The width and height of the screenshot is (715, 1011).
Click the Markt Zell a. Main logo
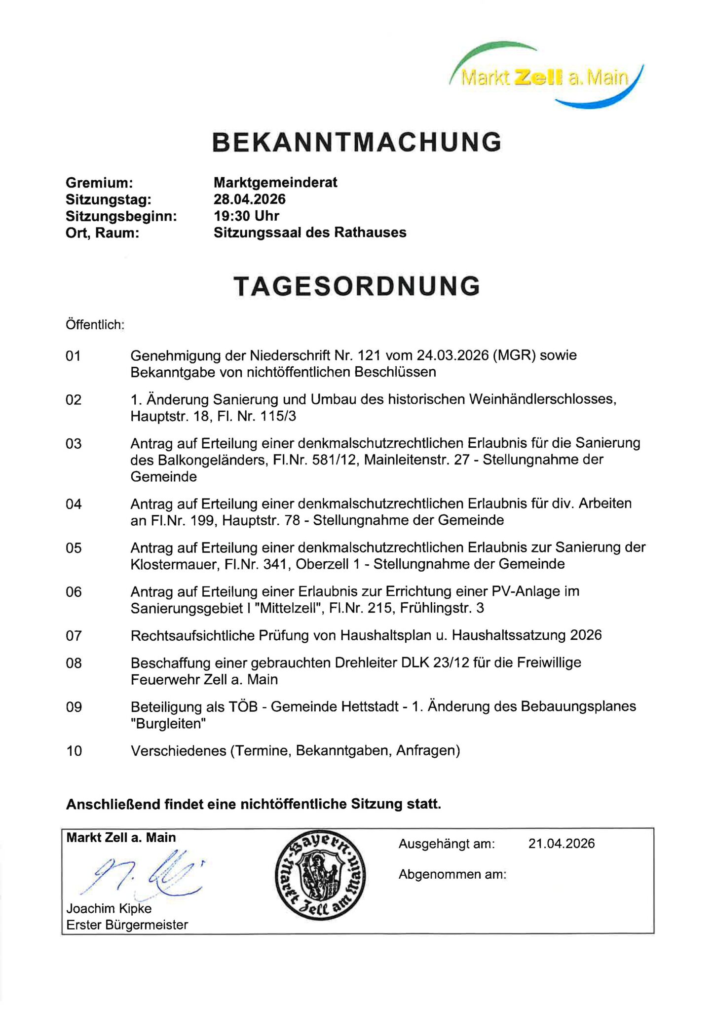[x=546, y=77]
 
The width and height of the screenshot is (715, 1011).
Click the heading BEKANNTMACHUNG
[x=357, y=142]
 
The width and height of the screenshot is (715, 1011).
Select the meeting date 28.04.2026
[x=249, y=199]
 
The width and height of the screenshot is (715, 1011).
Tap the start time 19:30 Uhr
[x=246, y=216]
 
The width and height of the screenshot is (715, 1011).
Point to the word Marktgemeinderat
[x=275, y=183]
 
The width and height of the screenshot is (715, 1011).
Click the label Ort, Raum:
[x=102, y=233]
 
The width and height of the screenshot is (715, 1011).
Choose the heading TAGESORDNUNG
[x=357, y=286]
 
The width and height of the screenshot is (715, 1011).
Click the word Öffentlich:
[x=95, y=325]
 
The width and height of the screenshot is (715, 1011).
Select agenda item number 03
[x=73, y=443]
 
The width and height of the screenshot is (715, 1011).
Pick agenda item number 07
[x=73, y=635]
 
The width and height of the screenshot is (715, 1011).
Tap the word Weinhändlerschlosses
[x=542, y=399]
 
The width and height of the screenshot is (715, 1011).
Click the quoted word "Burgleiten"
[x=168, y=724]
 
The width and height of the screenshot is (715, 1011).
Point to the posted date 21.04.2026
[x=561, y=844]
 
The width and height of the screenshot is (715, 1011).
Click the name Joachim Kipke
[x=109, y=908]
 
